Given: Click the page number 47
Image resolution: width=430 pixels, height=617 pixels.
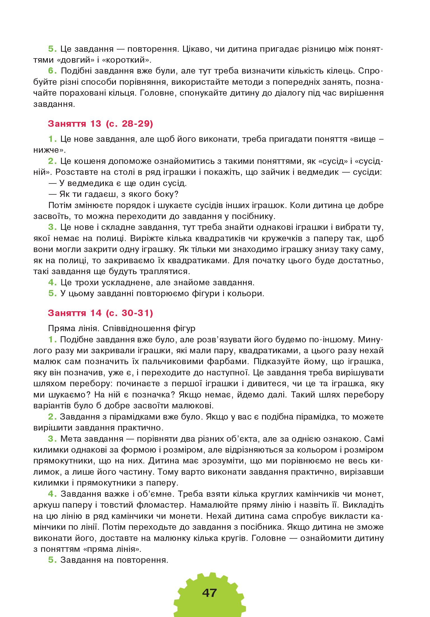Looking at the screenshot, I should coord(209,593).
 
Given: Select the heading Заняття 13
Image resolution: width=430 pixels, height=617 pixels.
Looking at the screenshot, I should coord(74,124).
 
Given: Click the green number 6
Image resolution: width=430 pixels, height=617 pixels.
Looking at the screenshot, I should coord(52,71).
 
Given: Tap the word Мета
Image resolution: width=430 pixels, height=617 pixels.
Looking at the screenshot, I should coord(71,439).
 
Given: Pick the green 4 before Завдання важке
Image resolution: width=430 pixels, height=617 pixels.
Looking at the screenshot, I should coord(52,494).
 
